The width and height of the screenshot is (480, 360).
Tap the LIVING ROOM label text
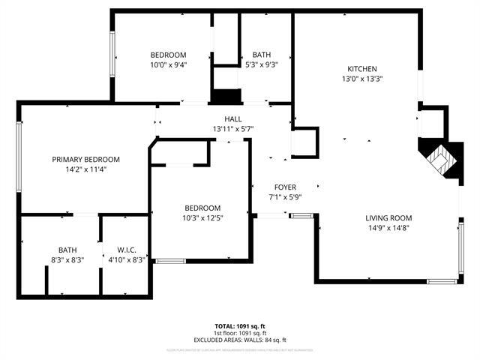(x=386, y=218)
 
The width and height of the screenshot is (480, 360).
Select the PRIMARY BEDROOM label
(x=85, y=159)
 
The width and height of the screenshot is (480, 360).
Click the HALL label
(x=232, y=119)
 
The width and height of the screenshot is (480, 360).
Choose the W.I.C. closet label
(x=126, y=250)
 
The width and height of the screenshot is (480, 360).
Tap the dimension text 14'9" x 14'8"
(x=386, y=228)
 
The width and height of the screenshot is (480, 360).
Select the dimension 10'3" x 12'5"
(x=202, y=217)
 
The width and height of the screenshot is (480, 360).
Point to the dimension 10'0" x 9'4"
(x=168, y=64)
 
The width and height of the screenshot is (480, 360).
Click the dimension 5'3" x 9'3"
(x=262, y=64)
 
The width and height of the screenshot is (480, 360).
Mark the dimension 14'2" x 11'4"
(x=85, y=169)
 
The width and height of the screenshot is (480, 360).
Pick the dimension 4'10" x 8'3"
(x=126, y=259)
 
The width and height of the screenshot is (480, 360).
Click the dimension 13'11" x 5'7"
(x=232, y=129)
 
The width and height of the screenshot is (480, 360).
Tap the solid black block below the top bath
(x=226, y=96)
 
